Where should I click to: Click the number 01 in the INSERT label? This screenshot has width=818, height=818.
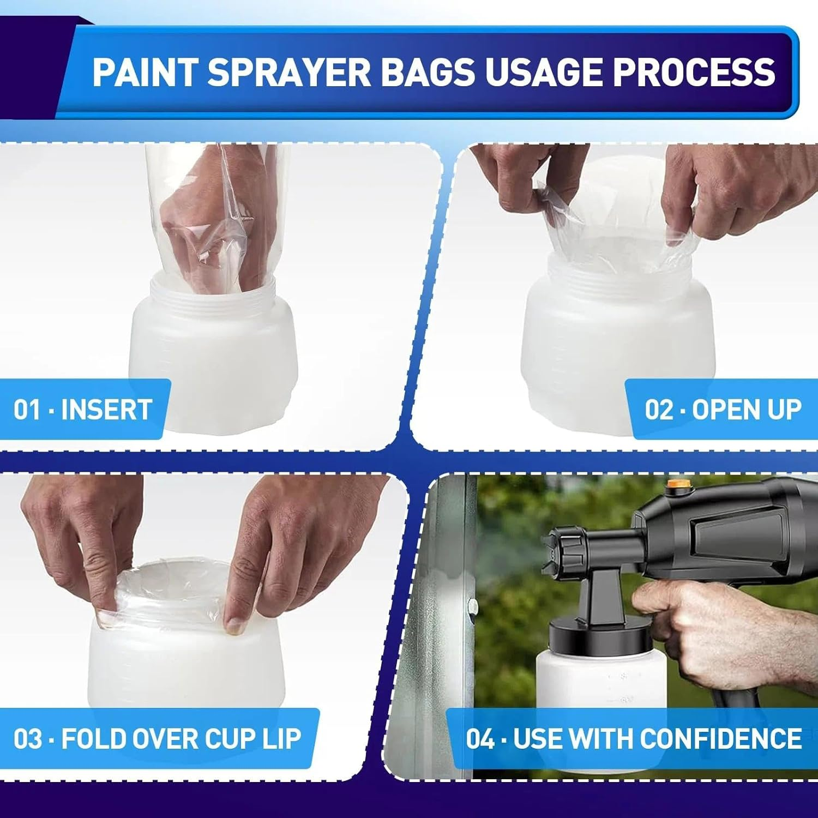[x=27, y=410]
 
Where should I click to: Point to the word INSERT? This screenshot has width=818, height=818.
[x=106, y=410]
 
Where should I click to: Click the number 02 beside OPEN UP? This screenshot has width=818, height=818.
[x=660, y=410]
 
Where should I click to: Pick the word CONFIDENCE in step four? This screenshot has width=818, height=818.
[x=720, y=738]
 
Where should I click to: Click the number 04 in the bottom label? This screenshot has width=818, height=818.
[x=480, y=738]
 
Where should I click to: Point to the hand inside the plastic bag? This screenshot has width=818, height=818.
[x=218, y=218]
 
